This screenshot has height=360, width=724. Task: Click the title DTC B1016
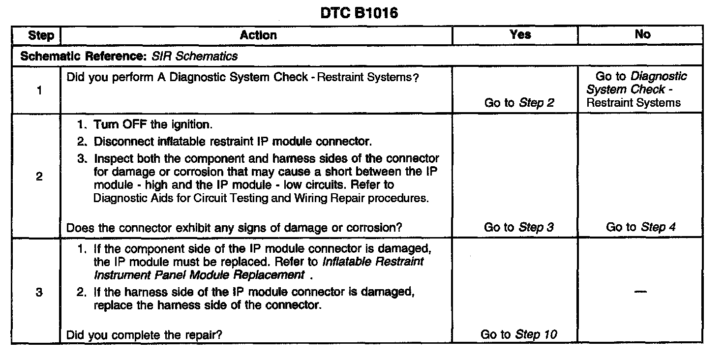click(359, 13)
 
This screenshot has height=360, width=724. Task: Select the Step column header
click(41, 35)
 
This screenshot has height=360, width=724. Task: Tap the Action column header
click(258, 35)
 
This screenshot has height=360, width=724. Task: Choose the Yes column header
click(520, 34)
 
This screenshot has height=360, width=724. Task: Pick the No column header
click(642, 34)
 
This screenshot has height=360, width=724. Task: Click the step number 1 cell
click(39, 90)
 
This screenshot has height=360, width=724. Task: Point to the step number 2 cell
click(39, 177)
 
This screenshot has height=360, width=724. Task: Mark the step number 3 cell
click(39, 293)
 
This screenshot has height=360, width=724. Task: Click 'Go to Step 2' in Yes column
click(519, 103)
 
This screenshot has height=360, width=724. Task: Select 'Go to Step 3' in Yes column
click(519, 227)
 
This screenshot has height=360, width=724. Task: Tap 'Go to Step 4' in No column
click(640, 227)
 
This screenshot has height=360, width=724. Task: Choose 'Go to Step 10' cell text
click(519, 335)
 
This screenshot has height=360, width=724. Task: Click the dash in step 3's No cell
click(640, 292)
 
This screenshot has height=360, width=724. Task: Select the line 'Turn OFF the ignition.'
click(153, 125)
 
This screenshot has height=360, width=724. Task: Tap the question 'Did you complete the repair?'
click(144, 335)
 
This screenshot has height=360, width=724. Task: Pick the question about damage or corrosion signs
click(234, 228)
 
